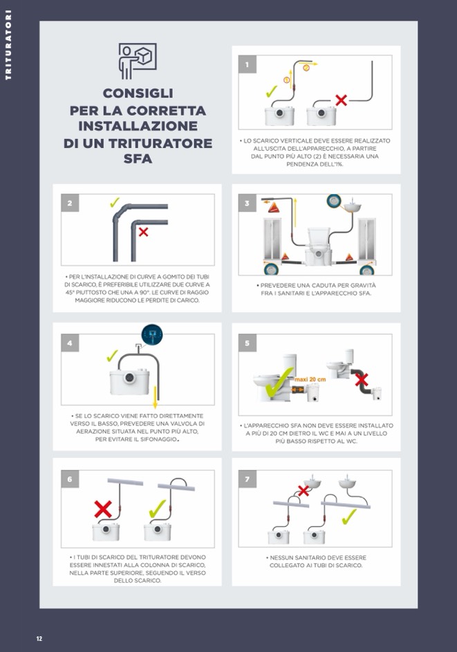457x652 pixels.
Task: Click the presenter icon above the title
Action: (138, 61)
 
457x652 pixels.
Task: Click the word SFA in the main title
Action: (138, 159)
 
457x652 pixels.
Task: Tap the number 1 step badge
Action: (248, 64)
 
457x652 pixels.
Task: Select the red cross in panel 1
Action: (341, 100)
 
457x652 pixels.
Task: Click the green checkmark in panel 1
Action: (271, 91)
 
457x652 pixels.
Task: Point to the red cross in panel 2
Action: (143, 232)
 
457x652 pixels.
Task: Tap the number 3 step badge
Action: (248, 203)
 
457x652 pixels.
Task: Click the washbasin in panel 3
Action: (353, 206)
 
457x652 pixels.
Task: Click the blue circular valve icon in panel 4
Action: (152, 334)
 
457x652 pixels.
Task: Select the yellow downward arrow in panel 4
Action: (156, 397)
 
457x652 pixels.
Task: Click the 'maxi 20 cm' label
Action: (310, 379)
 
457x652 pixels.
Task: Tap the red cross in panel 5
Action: (362, 379)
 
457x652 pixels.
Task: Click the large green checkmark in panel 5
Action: (279, 382)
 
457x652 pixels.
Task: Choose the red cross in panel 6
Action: (103, 509)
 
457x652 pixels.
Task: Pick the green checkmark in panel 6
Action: (158, 509)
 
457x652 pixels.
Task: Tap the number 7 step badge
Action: (248, 479)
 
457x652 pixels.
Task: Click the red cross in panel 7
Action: (304, 491)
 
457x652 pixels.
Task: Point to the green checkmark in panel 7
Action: (349, 517)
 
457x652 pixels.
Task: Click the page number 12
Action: (39, 639)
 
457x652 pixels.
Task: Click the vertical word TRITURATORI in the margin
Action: (8, 45)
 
